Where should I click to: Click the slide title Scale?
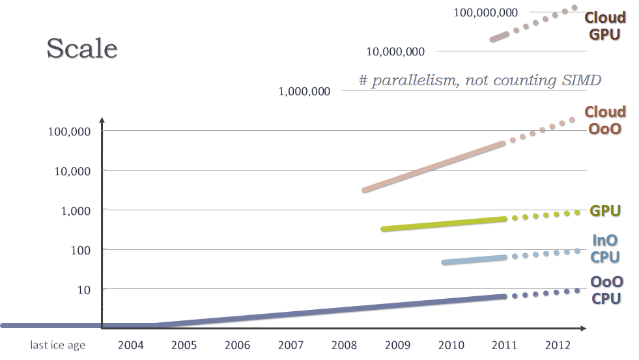point(82,49)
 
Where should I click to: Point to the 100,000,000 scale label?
point(486,12)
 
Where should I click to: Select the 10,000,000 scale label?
point(395,51)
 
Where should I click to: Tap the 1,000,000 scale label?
point(304,91)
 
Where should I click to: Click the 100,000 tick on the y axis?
point(68,131)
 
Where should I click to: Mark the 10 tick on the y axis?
point(83,289)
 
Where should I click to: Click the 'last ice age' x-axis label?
point(57,345)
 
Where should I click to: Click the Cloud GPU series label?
point(605,25)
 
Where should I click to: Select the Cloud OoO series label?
point(605,120)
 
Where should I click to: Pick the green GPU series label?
point(605,211)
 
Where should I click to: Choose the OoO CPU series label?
point(606,290)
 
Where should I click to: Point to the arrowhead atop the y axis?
point(102,120)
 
